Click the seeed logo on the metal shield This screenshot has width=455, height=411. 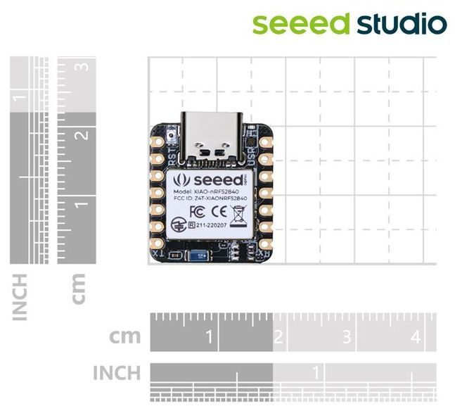[x=206, y=178]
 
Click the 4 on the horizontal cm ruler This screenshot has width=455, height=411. [x=415, y=337]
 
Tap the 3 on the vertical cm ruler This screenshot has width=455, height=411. [x=85, y=67]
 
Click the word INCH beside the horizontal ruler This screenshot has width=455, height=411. [x=117, y=372]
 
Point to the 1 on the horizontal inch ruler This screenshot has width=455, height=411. [x=316, y=371]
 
